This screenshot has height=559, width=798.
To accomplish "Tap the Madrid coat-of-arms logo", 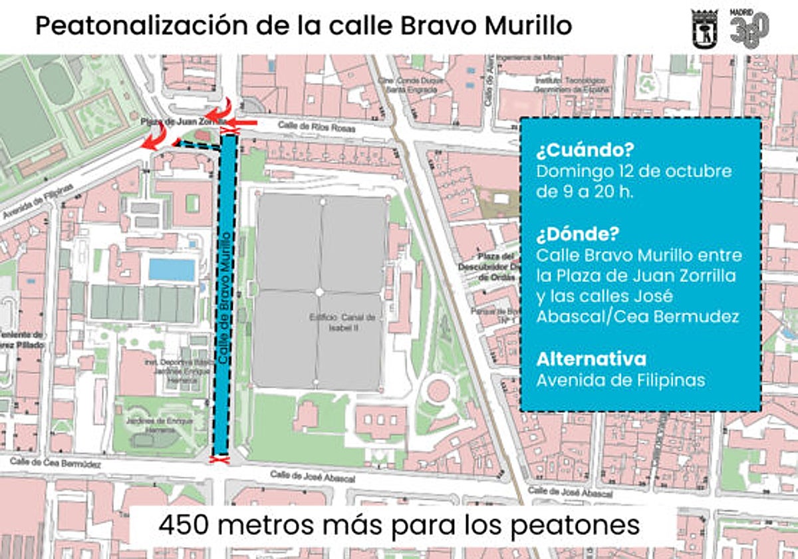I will (704, 28).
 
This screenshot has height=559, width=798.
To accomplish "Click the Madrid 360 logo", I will (749, 27).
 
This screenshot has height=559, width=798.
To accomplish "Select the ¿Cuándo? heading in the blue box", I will (586, 150).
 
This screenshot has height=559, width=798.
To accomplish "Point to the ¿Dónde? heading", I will (578, 234).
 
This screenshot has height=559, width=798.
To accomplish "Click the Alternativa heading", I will (591, 359).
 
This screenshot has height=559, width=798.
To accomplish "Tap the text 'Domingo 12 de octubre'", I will (634, 171).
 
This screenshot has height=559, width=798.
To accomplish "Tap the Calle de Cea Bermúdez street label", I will (55, 463).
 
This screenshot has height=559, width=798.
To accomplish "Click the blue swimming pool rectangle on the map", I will (172, 270).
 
